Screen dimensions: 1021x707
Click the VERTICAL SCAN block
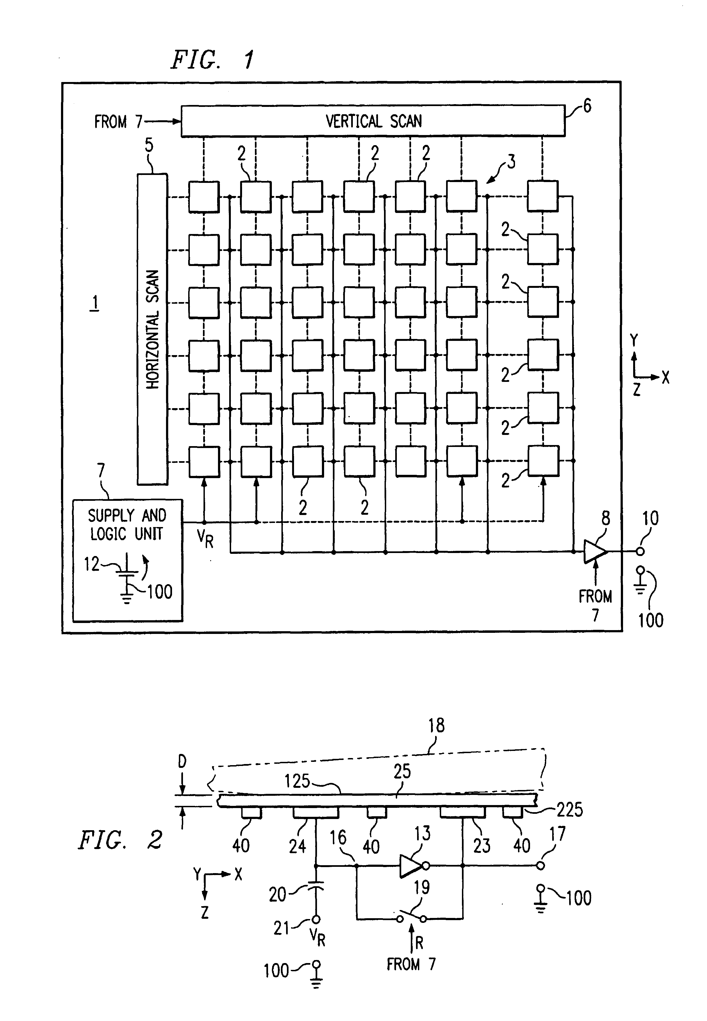coord(373,121)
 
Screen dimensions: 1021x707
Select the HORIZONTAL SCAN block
coord(152,329)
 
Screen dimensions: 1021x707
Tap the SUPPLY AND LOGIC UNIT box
coord(127,560)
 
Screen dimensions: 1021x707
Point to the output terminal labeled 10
coord(640,552)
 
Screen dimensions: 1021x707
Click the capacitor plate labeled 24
coord(316,812)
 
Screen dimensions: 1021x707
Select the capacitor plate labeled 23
coord(462,812)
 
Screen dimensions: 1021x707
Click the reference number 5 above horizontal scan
coord(149,145)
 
